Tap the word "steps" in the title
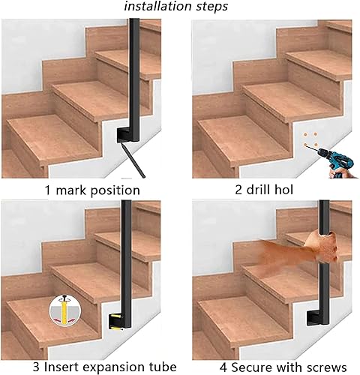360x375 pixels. [x=211, y=7]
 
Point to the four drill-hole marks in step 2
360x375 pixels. [x=310, y=139]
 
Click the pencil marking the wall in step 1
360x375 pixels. [x=133, y=160]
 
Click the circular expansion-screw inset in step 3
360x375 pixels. [x=64, y=311]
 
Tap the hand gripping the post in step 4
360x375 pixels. [x=322, y=247]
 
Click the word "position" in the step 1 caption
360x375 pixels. [x=115, y=191]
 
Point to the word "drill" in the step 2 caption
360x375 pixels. [x=259, y=190]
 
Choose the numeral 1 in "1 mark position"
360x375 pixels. [x=48, y=190]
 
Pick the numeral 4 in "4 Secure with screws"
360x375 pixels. [x=223, y=367]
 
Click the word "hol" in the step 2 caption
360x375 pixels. [x=283, y=190]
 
